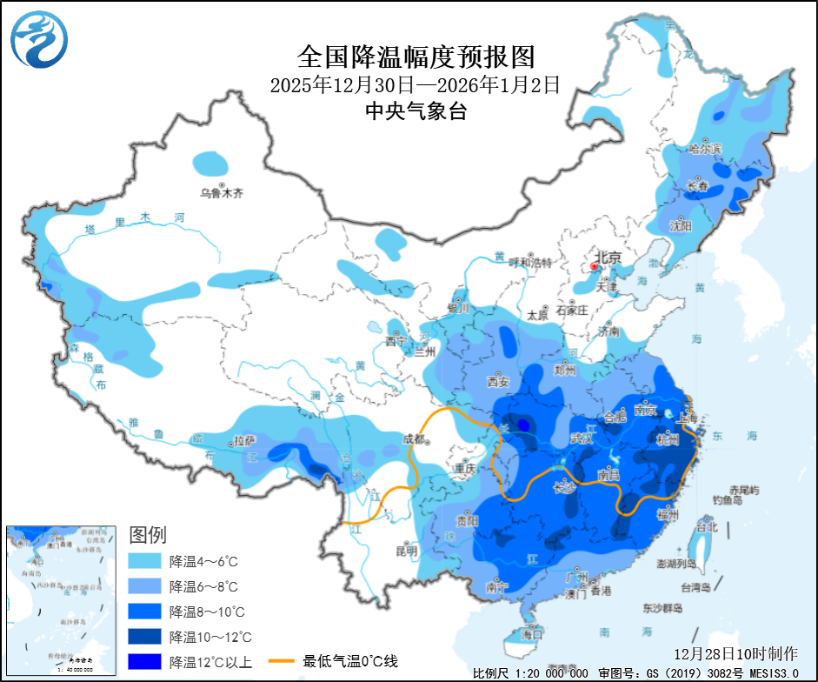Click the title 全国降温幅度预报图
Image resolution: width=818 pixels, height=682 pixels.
tap(415, 57)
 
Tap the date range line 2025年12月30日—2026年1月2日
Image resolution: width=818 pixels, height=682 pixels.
tap(414, 85)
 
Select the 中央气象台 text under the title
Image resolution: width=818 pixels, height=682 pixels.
tap(415, 110)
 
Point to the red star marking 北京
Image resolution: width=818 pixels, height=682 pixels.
tap(595, 266)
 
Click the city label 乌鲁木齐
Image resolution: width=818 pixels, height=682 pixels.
tap(222, 193)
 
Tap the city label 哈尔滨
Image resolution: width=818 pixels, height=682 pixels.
tap(705, 149)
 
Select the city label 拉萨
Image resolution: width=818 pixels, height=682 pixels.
tap(243, 441)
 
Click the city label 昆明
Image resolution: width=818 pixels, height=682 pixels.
tap(406, 551)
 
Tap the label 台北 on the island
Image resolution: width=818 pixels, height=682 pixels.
tap(707, 526)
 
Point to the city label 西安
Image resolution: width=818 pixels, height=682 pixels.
tap(497, 381)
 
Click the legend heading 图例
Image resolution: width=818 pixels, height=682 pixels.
tap(147, 534)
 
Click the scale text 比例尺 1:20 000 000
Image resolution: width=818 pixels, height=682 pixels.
tap(530, 673)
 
